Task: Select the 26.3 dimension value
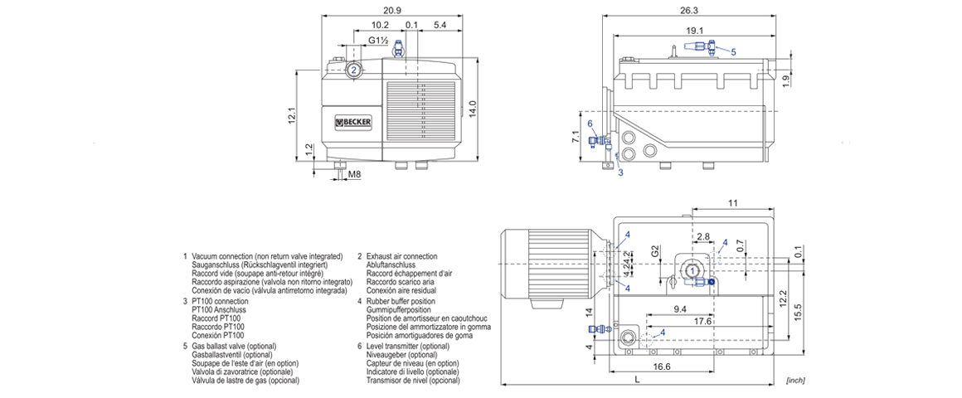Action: tap(689, 10)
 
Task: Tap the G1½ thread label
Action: tap(377, 41)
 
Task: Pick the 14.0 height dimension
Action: tap(474, 108)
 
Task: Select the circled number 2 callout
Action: tap(353, 70)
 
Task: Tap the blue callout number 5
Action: tap(733, 51)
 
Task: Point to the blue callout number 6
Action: tap(590, 124)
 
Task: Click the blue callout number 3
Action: tap(619, 172)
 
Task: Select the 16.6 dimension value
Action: tap(661, 366)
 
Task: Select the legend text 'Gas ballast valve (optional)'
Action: tap(240, 346)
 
